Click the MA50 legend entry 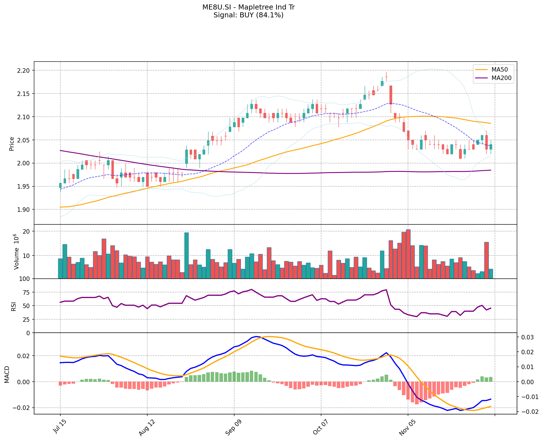point(499,70)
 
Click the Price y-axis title point(12,144)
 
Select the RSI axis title point(13,306)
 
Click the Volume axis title point(16,252)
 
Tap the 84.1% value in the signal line point(272,15)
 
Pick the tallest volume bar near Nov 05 point(408,254)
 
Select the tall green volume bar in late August point(186,255)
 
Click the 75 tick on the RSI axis point(26,292)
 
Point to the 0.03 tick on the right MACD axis point(526,337)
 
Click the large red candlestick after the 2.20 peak point(391,95)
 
